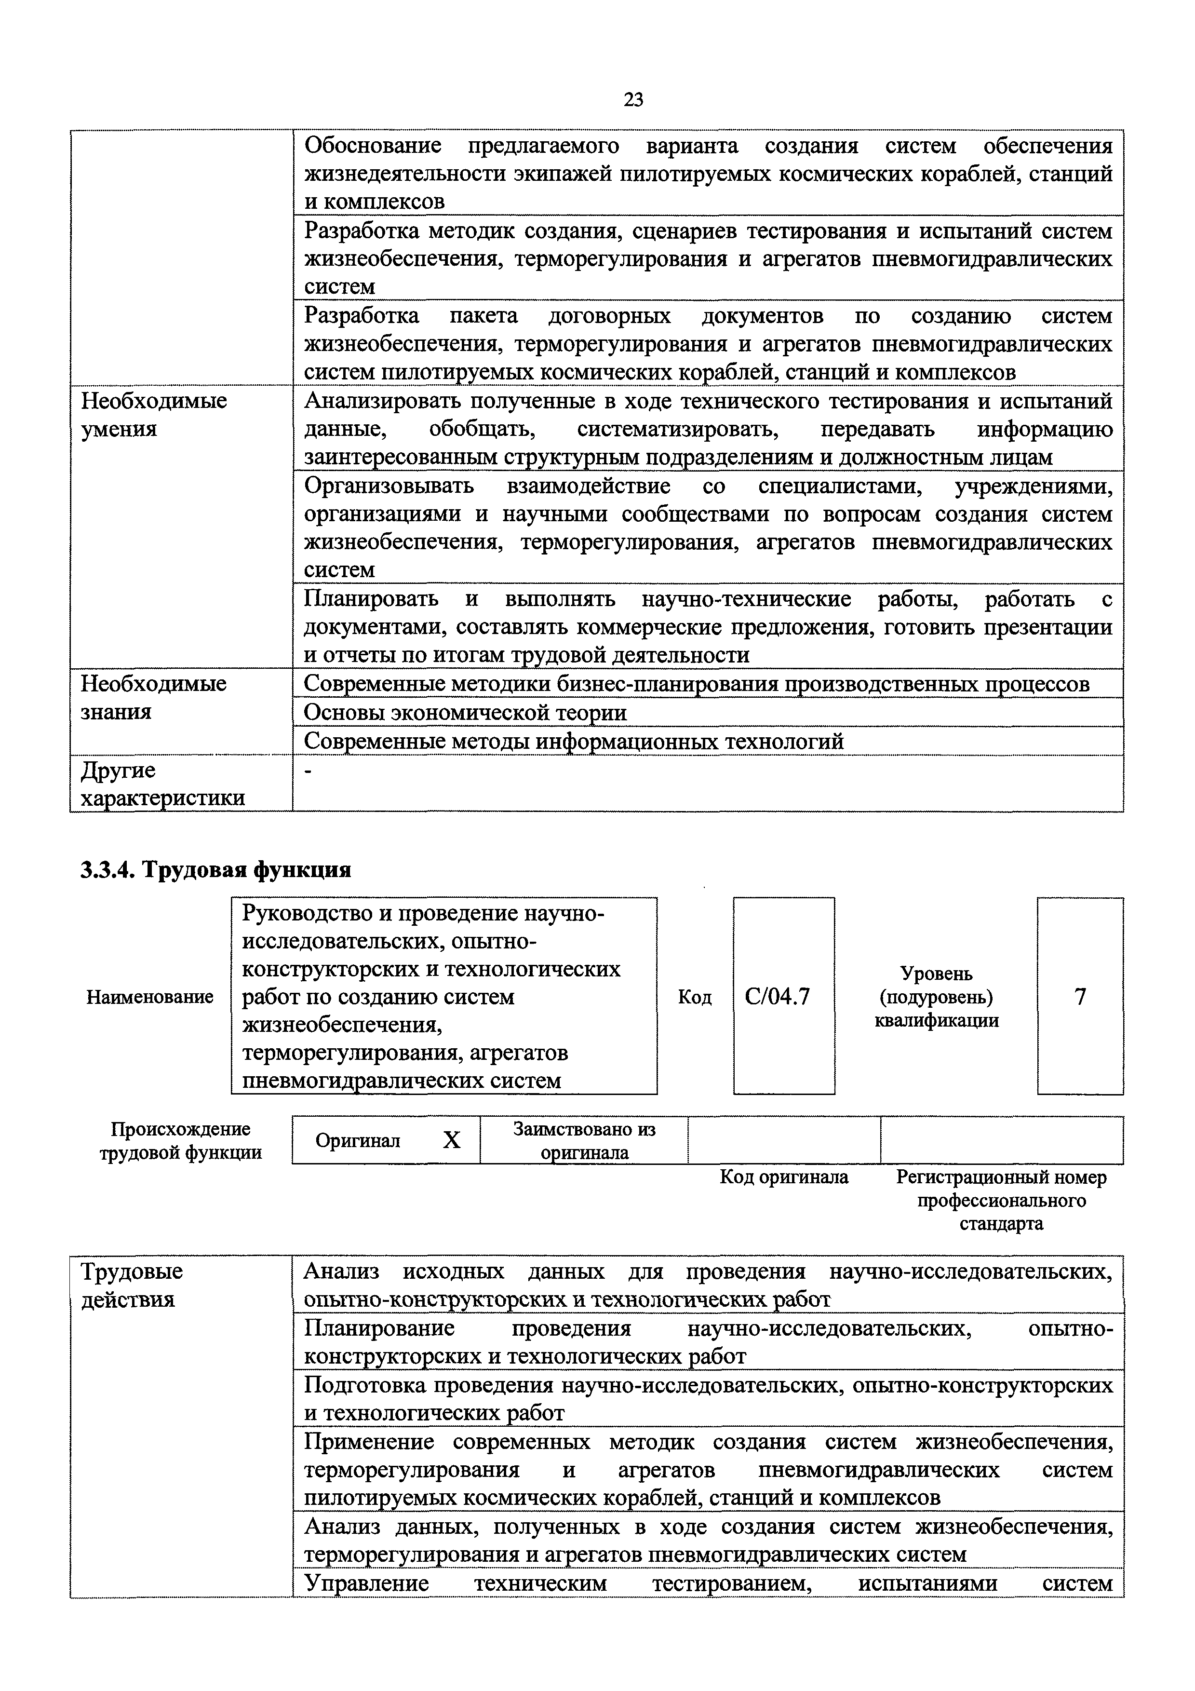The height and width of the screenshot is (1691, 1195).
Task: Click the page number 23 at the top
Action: point(633,99)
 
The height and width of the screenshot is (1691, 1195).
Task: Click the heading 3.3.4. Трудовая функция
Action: point(215,870)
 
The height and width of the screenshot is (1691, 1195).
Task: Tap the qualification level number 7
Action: point(1080,997)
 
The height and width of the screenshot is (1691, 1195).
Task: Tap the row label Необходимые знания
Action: point(153,697)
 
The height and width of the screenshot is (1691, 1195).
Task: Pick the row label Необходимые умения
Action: point(153,415)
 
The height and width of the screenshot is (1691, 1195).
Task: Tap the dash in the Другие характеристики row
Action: point(308,771)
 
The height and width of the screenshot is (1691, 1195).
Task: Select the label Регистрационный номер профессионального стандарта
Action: point(1001,1201)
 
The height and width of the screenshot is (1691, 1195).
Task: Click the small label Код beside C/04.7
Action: point(694,997)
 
